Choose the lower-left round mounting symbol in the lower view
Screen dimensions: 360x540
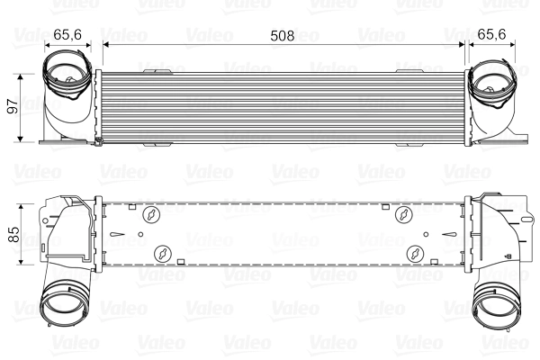(162, 253)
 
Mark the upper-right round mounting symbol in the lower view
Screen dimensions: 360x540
(404, 214)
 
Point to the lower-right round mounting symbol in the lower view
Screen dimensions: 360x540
(413, 253)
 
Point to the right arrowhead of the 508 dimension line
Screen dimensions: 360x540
(460, 42)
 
